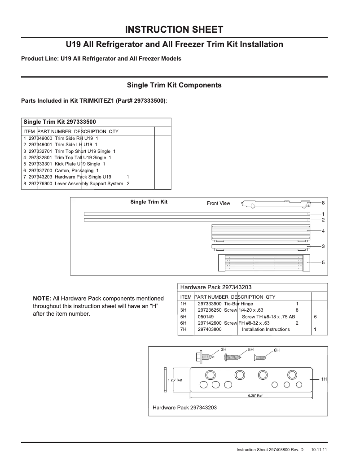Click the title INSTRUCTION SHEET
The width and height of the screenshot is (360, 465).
coord(174,30)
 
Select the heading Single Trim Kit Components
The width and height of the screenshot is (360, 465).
coord(174,85)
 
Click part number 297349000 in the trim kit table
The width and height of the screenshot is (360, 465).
coord(40,139)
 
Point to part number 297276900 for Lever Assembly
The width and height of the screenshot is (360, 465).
coord(40,183)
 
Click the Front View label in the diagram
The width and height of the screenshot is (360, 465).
coord(218,204)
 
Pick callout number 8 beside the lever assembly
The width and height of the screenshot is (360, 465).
coord(323,203)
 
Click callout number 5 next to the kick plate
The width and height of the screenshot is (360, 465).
coord(323,262)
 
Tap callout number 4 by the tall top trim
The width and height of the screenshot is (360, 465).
coord(323,230)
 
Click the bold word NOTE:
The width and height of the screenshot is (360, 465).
coord(42,298)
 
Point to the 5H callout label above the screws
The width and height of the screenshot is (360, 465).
coord(251,349)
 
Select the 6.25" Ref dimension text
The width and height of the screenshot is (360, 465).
coord(255,396)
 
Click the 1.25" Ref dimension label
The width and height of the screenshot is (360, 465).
coord(175,380)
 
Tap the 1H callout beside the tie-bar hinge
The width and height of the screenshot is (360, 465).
coord(323,379)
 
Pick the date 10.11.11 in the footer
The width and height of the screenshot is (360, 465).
coord(319,449)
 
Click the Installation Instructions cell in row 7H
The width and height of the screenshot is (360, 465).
coord(266,330)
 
